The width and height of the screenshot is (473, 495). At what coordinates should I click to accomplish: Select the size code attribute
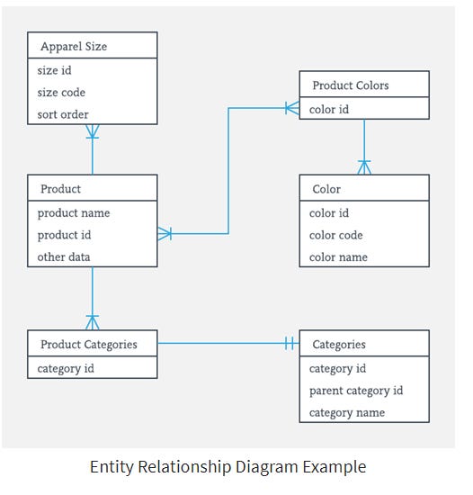[x=62, y=92]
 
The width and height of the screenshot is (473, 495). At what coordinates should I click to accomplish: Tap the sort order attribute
[x=63, y=114]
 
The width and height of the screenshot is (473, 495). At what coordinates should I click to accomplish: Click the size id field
[x=54, y=70]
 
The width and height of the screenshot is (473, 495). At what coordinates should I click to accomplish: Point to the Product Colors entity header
[x=351, y=85]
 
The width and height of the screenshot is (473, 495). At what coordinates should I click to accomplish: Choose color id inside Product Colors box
[x=329, y=109]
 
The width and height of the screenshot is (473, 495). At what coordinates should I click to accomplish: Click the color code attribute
[x=335, y=235]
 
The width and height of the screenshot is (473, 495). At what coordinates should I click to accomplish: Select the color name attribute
[x=338, y=256]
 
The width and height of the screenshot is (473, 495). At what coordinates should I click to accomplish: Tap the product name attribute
[x=74, y=213]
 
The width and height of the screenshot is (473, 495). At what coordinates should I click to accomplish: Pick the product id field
[x=65, y=235]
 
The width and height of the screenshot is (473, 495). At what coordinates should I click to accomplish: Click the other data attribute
[x=64, y=256]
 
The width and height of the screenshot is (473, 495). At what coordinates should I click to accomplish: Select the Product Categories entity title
[x=89, y=344]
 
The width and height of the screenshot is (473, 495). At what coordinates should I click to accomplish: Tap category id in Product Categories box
[x=66, y=367]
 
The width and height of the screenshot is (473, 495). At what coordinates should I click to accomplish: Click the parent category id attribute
[x=356, y=391]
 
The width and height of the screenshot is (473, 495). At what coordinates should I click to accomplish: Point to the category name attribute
[x=347, y=412]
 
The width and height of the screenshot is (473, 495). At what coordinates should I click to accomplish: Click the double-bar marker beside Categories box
[x=290, y=344]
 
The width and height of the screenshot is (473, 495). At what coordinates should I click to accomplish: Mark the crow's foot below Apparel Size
[x=93, y=132]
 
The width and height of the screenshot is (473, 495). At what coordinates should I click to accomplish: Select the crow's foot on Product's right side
[x=165, y=234]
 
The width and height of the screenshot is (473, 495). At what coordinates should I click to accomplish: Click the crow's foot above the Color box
[x=364, y=167]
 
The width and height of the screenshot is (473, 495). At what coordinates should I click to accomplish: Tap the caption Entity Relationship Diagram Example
[x=228, y=467]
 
